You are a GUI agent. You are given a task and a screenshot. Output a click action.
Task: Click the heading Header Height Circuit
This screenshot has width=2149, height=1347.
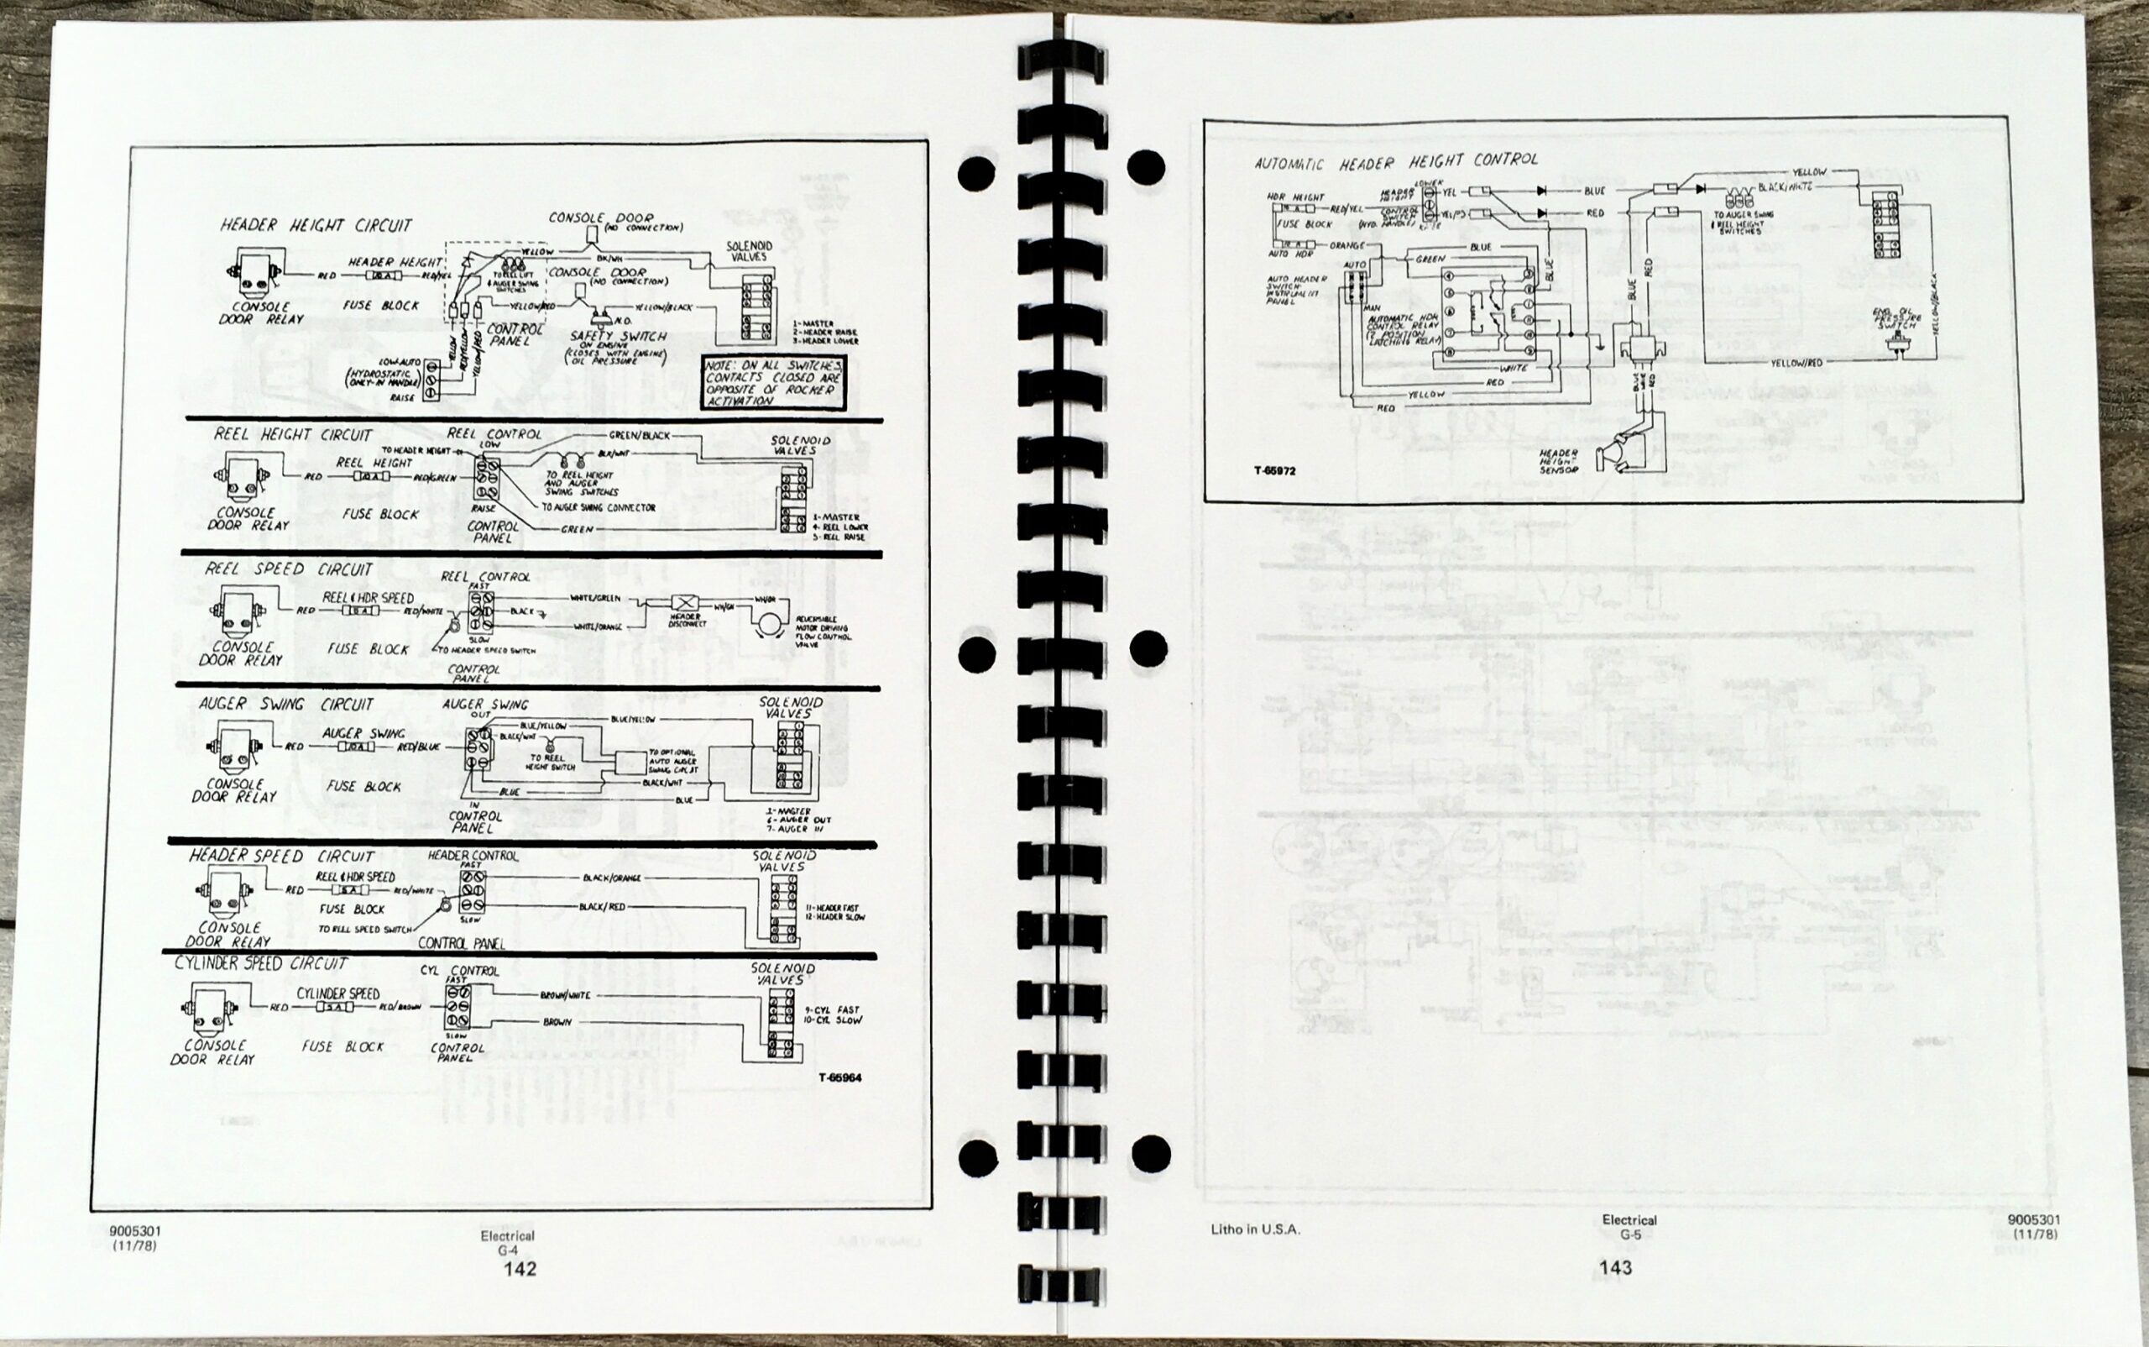pos(316,225)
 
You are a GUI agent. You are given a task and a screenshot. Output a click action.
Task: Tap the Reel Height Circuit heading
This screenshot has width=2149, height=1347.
pos(292,435)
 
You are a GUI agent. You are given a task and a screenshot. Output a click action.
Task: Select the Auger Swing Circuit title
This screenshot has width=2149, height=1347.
pos(286,704)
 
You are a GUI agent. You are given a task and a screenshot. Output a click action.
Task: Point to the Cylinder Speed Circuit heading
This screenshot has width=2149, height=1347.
pos(260,964)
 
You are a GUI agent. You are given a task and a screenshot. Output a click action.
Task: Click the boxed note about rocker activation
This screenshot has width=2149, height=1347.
pos(773,384)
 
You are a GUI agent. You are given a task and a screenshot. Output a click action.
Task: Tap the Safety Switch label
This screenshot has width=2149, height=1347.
pos(618,337)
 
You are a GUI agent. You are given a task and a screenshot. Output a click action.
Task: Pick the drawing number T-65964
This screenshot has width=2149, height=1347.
pos(839,1078)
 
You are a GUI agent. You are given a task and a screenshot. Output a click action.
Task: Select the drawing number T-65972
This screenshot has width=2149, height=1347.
pos(1274,471)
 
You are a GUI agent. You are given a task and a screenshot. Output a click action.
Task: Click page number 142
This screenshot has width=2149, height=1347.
pos(520,1269)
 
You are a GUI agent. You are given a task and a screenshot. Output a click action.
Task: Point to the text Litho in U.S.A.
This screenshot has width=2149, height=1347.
pos(1255,1229)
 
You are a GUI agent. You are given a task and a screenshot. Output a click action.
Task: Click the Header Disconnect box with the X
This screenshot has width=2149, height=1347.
pos(687,603)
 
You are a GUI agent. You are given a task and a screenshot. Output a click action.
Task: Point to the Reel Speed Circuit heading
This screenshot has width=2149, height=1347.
pos(289,569)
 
